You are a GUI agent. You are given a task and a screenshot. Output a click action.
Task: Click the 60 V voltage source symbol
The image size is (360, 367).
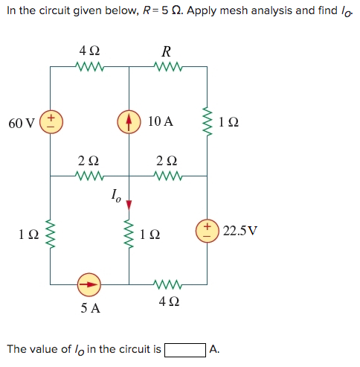(x=51, y=121)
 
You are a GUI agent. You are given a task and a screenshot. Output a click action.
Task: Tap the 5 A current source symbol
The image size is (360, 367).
(x=90, y=284)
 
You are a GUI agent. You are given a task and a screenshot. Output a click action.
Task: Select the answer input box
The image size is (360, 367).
(x=184, y=348)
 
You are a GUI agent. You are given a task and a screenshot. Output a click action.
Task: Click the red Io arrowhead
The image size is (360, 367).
(x=129, y=204)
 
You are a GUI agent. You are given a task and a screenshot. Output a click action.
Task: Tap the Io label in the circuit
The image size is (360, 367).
(x=115, y=197)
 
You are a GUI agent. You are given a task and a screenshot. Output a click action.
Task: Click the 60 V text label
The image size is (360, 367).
(x=21, y=122)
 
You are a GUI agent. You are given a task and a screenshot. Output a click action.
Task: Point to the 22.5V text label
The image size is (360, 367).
(x=240, y=229)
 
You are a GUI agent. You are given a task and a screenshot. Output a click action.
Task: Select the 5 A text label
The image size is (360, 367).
(x=90, y=307)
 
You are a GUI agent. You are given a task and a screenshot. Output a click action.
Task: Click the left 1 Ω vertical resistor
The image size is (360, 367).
(x=51, y=235)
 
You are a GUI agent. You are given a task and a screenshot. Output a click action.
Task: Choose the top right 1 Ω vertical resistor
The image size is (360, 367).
(x=208, y=121)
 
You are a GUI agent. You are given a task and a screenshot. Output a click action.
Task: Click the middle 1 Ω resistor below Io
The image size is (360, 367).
(x=129, y=235)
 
